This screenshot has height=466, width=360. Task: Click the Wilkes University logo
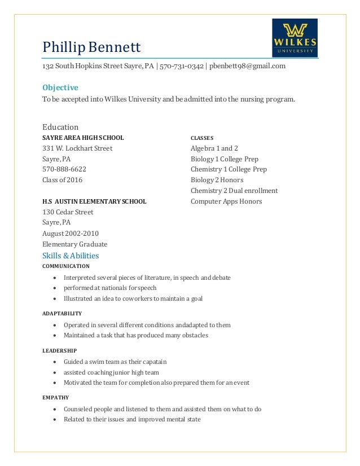coord(295,37)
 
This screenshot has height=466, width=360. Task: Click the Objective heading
coord(60,87)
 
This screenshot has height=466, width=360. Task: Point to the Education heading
coord(60,127)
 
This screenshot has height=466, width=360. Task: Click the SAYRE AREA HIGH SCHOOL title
coord(83,138)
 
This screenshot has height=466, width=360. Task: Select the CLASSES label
coord(201,138)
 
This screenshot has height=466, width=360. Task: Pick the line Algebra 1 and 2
coord(214,148)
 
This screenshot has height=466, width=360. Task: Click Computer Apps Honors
coord(226,201)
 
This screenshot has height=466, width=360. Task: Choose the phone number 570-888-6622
coord(64,169)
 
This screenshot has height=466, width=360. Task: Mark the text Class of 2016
coord(62,180)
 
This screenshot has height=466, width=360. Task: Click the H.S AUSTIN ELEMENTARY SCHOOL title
coord(94,201)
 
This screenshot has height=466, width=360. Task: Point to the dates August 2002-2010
coord(71,234)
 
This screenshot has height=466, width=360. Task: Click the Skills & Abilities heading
coord(71,256)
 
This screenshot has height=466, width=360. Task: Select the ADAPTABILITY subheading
coord(62,313)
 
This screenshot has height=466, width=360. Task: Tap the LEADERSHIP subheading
coord(59,350)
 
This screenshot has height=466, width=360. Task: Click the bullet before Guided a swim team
coord(54,362)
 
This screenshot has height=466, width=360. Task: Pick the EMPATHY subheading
coord(55,397)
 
